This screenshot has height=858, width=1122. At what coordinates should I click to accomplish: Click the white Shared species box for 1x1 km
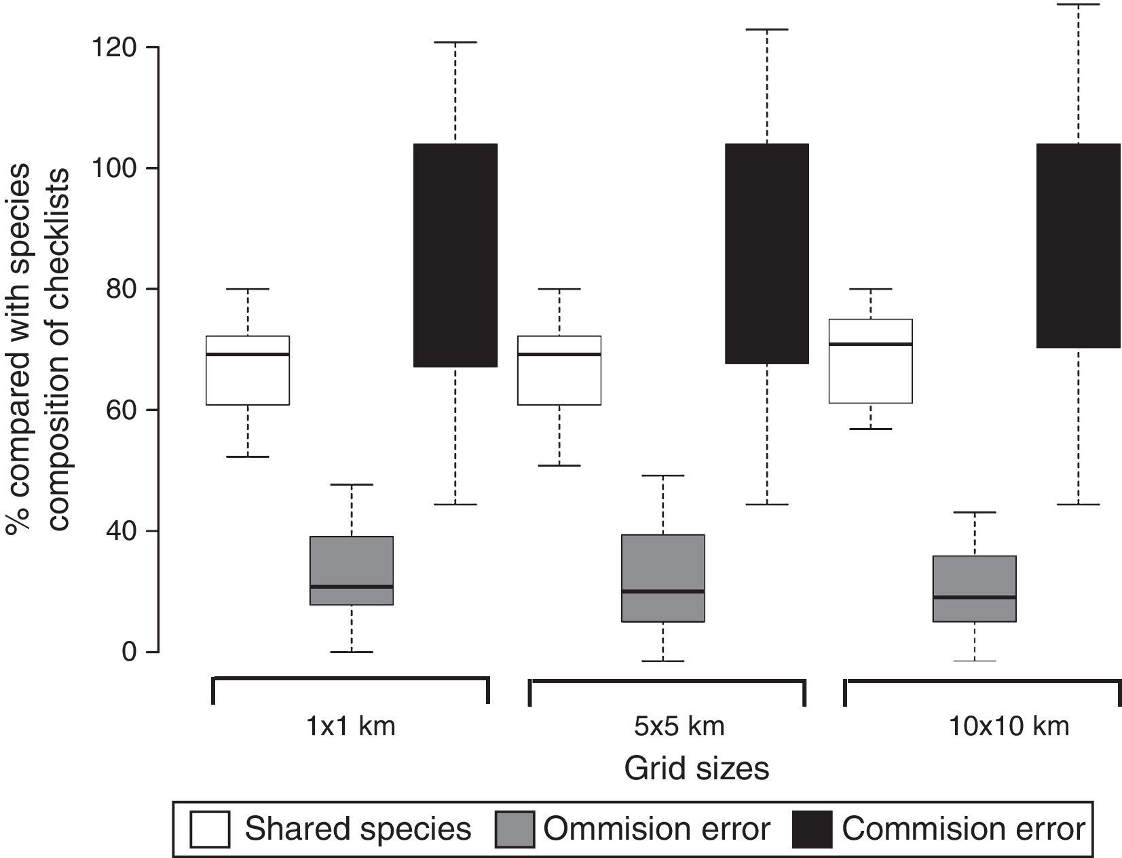[x=248, y=380]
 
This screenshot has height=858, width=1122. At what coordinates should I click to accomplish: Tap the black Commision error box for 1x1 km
[x=455, y=255]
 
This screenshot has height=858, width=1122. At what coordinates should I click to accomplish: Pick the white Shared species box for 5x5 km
[x=559, y=380]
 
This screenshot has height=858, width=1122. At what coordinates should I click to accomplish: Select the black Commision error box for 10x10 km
[x=1079, y=246]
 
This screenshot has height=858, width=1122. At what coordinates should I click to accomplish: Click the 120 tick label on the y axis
[x=117, y=47]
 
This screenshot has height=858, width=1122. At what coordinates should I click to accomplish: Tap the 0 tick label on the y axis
[x=130, y=652]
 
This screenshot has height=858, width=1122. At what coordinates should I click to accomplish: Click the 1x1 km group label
[x=350, y=726]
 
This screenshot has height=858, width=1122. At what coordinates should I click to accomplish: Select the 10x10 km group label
[x=1009, y=726]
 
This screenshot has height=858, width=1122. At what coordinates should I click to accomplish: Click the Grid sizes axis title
[x=696, y=768]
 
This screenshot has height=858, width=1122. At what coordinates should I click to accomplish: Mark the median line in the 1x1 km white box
[x=248, y=354]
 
